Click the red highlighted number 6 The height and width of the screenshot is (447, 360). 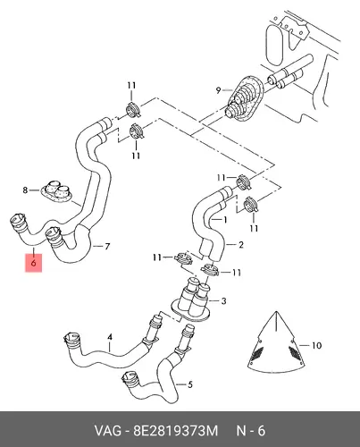click(x=33, y=263)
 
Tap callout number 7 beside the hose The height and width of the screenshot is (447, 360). click(x=107, y=247)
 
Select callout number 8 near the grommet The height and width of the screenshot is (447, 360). click(x=25, y=190)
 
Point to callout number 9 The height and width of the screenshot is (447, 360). click(x=218, y=89)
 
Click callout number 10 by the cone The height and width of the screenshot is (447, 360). click(x=316, y=345)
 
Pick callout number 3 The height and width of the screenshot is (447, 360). click(x=224, y=301)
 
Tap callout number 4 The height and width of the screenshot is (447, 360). click(x=110, y=337)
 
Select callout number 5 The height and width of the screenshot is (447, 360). click(x=190, y=384)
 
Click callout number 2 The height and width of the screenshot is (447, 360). click(x=240, y=245)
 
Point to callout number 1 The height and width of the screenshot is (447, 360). click(x=225, y=220)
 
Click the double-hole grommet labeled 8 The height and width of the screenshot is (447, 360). click(x=57, y=191)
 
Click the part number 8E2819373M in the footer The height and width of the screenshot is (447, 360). click(x=176, y=431)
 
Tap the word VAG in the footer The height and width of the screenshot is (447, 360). click(x=108, y=431)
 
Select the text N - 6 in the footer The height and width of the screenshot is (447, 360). click(x=250, y=431)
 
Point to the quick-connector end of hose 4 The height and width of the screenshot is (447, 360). click(x=71, y=341)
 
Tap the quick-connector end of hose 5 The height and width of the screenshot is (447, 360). click(x=130, y=379)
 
